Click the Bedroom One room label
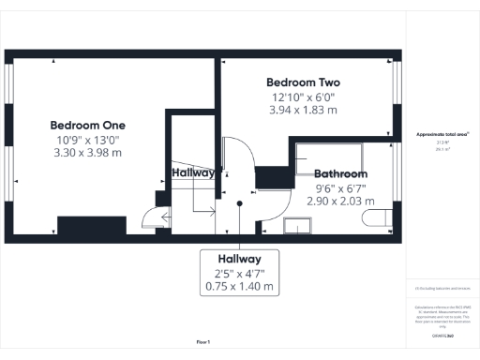pos(87,125)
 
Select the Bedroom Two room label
pos(303,82)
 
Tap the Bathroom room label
pos(340,173)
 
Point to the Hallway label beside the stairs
pos(193,173)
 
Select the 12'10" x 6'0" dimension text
pos(303,97)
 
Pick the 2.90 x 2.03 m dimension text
pos(344,201)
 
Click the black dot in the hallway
pos(241,202)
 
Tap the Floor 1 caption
pos(203,341)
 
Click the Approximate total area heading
pos(442,134)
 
